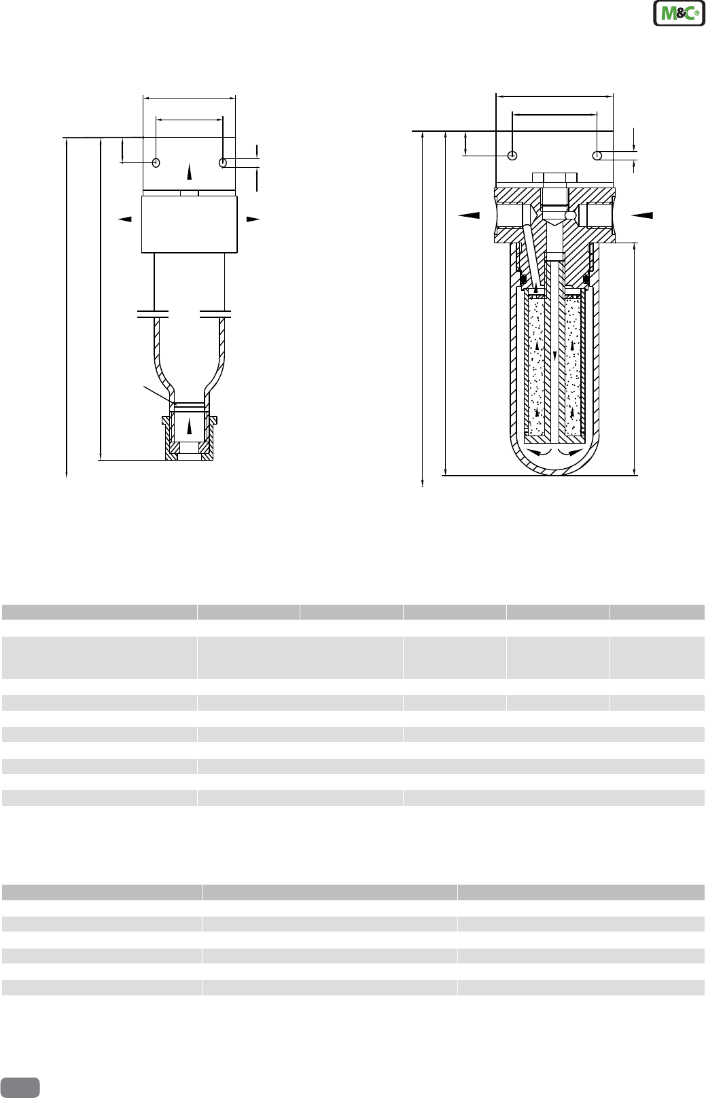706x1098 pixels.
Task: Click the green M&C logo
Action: point(679,13)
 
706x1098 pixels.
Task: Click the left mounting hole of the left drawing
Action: point(156,163)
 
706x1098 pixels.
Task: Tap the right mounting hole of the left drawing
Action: point(223,163)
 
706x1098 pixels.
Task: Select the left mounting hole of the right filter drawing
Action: point(512,156)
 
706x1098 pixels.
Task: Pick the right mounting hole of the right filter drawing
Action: point(597,156)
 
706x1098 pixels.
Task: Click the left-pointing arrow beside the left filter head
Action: point(124,219)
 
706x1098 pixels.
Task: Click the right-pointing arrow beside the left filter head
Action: point(253,219)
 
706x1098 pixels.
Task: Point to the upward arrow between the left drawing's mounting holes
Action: point(190,173)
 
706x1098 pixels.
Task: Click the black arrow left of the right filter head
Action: point(469,215)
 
